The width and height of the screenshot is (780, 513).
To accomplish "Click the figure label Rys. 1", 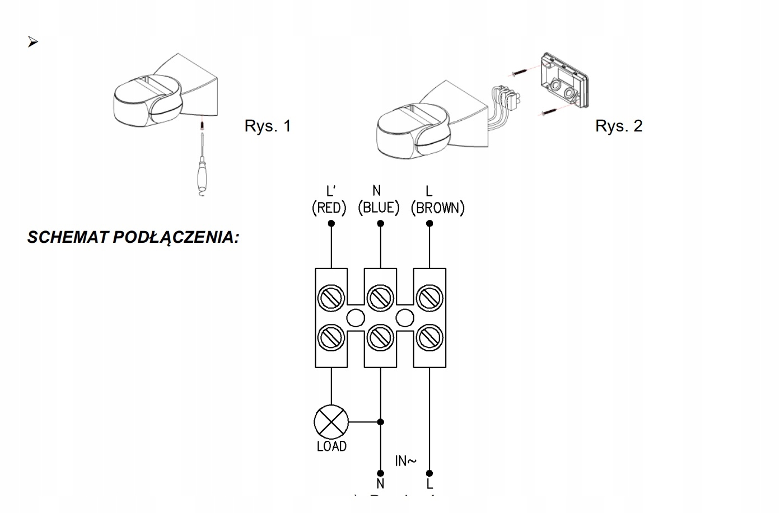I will click(x=268, y=126).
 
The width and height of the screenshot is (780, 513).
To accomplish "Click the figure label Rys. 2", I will click(x=619, y=126).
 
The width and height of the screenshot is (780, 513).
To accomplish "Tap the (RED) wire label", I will click(x=329, y=208).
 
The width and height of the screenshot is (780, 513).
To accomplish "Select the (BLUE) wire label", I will click(x=379, y=208).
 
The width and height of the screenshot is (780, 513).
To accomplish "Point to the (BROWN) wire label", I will click(x=437, y=208).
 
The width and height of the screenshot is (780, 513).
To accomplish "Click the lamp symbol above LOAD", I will click(x=331, y=421).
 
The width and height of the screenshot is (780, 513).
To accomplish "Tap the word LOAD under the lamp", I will click(x=331, y=446).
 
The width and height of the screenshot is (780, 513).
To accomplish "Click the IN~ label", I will click(x=405, y=461).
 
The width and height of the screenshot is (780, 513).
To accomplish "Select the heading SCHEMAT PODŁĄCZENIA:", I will click(x=133, y=237).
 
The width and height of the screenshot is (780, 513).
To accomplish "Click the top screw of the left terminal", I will click(x=331, y=296).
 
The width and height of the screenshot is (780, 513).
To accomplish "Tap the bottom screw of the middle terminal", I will click(x=380, y=337).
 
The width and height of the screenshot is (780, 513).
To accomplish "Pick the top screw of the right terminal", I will click(x=429, y=296).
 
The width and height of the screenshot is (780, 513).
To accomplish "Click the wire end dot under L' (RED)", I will click(x=331, y=223).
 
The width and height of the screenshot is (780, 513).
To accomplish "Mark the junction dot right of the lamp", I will click(x=381, y=421).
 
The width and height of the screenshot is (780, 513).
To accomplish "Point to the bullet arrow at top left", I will click(x=32, y=43).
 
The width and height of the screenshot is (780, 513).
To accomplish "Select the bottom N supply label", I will click(x=381, y=483).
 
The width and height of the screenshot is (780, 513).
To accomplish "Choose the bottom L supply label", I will click(x=429, y=483).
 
